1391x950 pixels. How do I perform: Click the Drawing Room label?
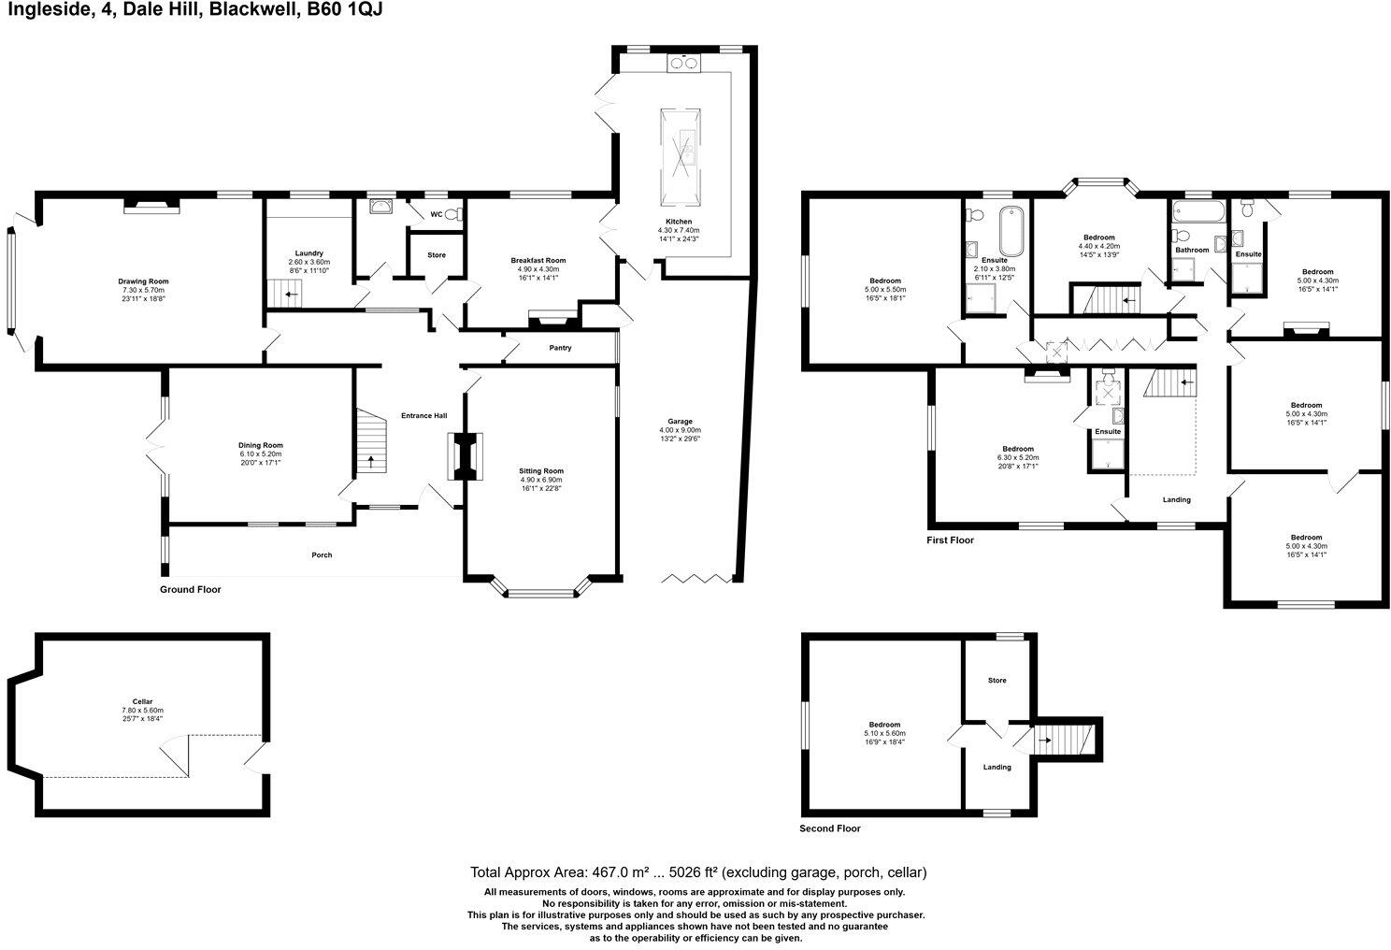[x=143, y=281]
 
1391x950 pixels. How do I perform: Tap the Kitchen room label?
[x=679, y=222]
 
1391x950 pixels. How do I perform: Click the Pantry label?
[x=560, y=348]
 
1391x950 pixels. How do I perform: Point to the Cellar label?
[x=142, y=701]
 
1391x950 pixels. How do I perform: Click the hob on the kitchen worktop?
[x=683, y=64]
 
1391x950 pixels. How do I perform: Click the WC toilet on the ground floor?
[x=452, y=215]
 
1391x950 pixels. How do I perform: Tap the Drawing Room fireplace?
[x=151, y=206]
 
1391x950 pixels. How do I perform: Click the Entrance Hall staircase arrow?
[x=371, y=460]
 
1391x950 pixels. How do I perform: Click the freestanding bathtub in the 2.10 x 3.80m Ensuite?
[x=1011, y=226]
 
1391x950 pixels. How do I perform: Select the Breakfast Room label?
[x=538, y=261]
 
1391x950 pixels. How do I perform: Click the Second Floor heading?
[x=829, y=828]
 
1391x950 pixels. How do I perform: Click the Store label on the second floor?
[x=997, y=681]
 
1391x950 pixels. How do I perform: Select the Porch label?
[x=322, y=555]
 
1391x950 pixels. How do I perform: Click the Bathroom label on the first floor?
[x=1192, y=251]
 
